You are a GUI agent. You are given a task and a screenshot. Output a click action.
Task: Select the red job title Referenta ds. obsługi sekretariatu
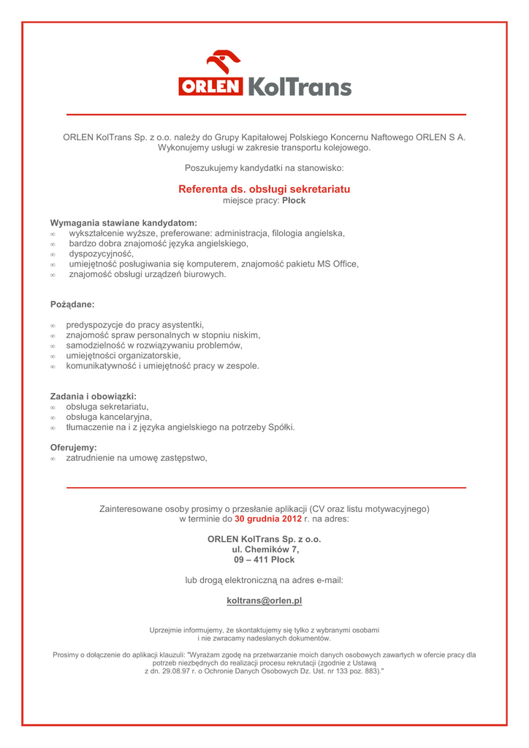[x=264, y=189]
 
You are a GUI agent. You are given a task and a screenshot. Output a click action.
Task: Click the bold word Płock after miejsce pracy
[x=294, y=200]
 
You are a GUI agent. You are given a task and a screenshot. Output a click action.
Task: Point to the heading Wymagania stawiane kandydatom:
[x=123, y=223]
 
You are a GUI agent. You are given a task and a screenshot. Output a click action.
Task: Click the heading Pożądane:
[x=72, y=303]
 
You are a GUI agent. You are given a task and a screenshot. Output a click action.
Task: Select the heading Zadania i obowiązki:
[x=94, y=396]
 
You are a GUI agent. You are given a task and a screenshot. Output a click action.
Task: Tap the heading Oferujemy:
[x=73, y=447]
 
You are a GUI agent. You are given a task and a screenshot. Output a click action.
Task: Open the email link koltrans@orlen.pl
[x=264, y=600]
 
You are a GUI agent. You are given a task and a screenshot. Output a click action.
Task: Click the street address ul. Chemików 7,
[x=264, y=549]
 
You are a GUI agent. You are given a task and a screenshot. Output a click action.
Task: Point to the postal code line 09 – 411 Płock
[x=264, y=560]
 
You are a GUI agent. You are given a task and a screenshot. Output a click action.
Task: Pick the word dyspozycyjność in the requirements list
[x=102, y=253]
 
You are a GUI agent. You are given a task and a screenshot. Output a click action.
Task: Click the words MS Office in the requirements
[x=338, y=264]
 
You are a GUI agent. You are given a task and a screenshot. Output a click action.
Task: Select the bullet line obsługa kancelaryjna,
[x=109, y=416]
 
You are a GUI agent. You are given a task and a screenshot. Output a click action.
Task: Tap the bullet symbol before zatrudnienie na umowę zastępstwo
[x=53, y=459]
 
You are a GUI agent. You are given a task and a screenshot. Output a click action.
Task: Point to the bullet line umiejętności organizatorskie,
[x=123, y=355]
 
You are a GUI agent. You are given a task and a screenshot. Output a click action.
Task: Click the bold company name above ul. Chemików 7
[x=264, y=539]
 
